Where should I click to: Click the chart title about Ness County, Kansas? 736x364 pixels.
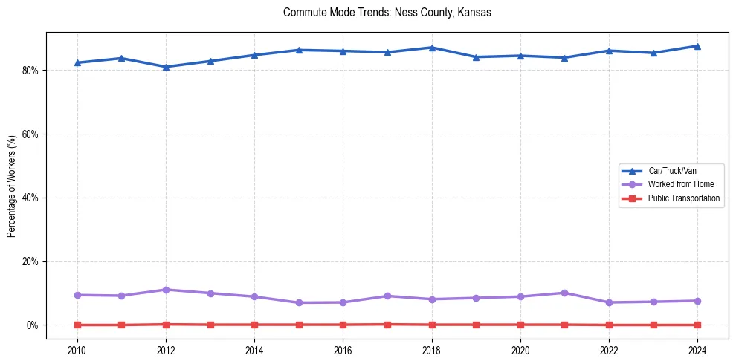387,13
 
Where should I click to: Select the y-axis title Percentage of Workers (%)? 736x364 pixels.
11,186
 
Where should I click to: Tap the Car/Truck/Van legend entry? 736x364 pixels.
671,171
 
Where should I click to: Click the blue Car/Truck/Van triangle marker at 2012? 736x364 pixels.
166,67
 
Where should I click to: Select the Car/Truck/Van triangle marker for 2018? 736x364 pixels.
432,48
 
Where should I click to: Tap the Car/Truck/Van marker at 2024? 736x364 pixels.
697,46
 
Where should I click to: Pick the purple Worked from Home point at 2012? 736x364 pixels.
166,290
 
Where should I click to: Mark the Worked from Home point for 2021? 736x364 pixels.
564,293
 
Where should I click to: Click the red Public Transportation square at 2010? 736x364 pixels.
77,325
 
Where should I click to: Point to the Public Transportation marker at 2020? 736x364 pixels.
520,325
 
